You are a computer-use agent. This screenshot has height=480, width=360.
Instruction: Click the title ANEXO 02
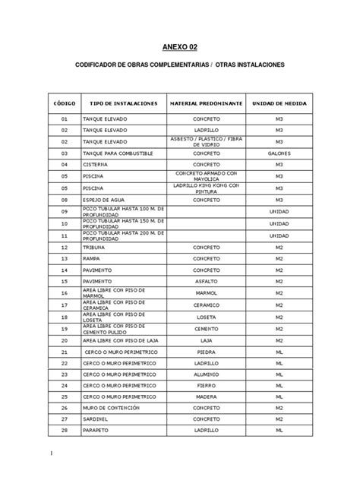tap(180, 48)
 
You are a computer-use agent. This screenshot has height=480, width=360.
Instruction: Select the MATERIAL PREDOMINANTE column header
tap(206, 102)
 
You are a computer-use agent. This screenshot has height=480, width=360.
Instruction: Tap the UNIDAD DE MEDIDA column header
tap(279, 102)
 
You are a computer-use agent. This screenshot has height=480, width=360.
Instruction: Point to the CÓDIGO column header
tap(64, 102)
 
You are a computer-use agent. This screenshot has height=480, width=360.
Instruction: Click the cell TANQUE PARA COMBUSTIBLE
tap(117, 153)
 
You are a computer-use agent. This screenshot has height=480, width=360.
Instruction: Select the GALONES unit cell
tap(279, 153)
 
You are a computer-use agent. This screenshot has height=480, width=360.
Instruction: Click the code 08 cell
tap(65, 199)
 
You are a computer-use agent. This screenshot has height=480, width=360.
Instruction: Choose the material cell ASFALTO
tap(206, 281)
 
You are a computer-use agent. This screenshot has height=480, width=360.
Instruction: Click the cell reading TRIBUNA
tap(95, 247)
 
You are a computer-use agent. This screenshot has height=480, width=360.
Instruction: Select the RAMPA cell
tap(93, 258)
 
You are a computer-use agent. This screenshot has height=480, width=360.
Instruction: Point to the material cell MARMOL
tap(206, 293)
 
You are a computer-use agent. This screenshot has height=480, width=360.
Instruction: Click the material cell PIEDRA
tap(206, 352)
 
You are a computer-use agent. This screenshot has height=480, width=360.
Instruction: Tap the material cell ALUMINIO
tap(206, 374)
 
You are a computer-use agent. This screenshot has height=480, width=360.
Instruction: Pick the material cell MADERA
tap(206, 396)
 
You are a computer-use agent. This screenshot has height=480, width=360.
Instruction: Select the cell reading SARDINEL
tap(96, 418)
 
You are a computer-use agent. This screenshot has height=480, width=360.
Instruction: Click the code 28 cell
tap(65, 430)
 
